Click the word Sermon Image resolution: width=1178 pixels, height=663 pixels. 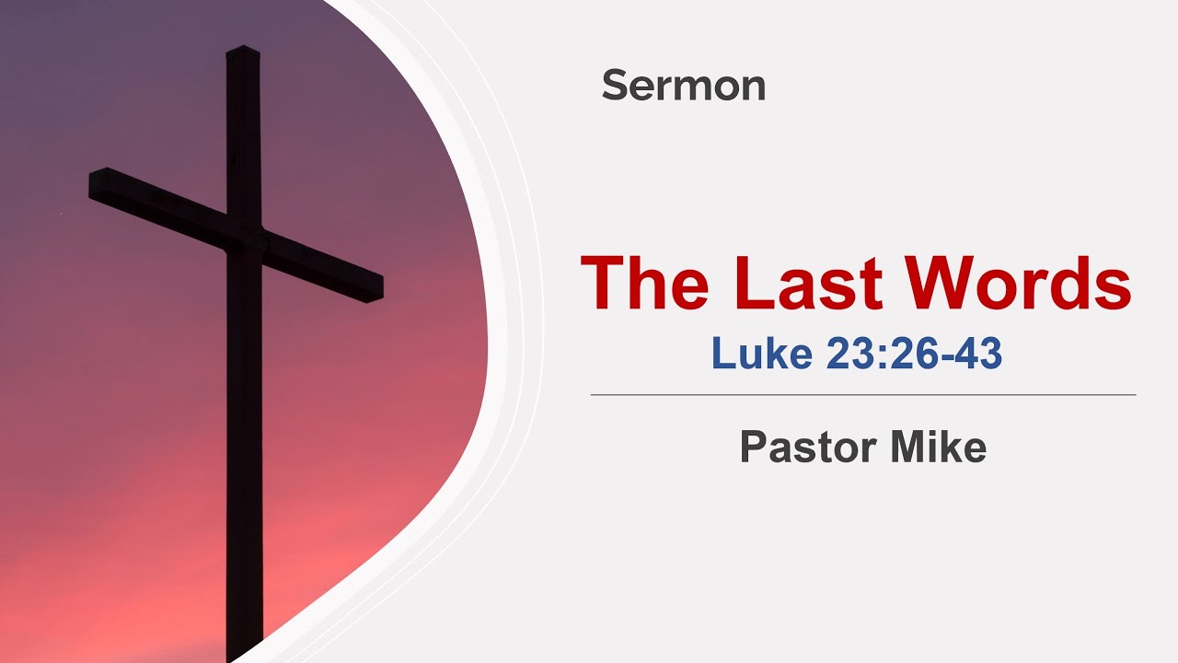tap(683, 86)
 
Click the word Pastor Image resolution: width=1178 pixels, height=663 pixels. tap(800, 448)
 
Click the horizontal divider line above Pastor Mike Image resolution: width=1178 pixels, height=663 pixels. tap(862, 395)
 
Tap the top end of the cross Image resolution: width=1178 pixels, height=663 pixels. tap(243, 51)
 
